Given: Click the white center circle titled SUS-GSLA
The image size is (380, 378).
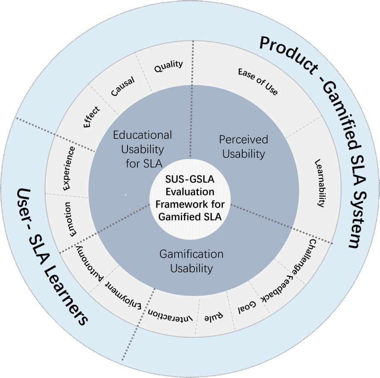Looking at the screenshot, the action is [x=190, y=198].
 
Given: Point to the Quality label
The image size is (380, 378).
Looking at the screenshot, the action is [x=169, y=66].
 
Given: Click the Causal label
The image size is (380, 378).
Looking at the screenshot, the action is [x=122, y=87].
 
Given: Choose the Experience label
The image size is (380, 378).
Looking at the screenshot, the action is [x=68, y=168].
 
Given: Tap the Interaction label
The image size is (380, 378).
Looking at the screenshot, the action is [x=169, y=315].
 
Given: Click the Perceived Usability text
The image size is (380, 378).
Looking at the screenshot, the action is [x=243, y=146].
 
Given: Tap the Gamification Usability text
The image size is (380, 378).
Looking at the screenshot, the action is [x=191, y=261].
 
